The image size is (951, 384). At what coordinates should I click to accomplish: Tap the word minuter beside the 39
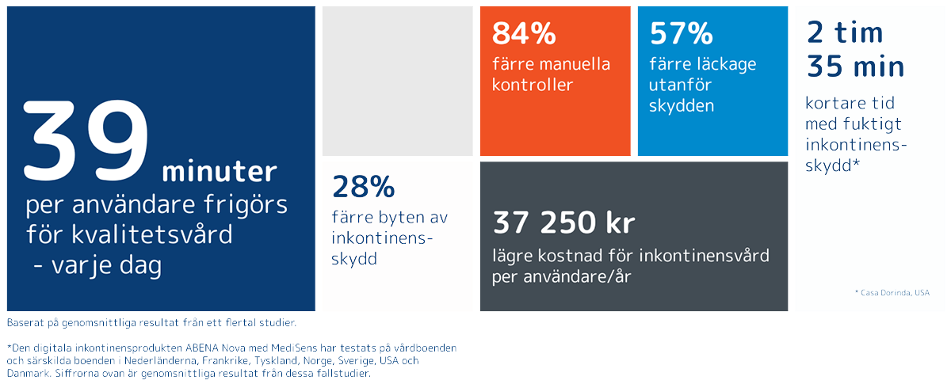[x=220, y=172]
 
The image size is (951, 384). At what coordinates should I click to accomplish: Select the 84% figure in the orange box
[x=523, y=33]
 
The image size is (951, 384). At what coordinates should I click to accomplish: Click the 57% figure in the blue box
[x=680, y=33]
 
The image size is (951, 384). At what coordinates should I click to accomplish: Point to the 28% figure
[x=363, y=187]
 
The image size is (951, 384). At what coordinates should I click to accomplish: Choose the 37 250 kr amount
[x=563, y=223]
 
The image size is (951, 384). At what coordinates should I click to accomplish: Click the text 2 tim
[x=844, y=33]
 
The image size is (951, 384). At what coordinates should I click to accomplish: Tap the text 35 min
[x=855, y=67]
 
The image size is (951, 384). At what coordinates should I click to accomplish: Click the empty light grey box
[x=397, y=81]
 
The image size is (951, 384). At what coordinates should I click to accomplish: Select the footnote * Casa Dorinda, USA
[x=892, y=293]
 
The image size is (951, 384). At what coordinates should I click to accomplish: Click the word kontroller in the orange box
[x=532, y=85]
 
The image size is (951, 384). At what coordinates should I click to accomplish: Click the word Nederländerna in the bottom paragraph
[x=197, y=360]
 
